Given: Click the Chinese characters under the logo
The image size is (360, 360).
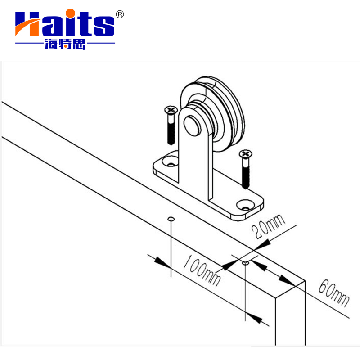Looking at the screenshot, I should tap(65, 45).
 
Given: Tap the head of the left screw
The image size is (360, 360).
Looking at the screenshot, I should tap(171, 110).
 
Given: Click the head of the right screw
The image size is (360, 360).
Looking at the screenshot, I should tap(245, 155).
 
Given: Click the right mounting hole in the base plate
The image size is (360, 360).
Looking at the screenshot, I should tap(245, 205).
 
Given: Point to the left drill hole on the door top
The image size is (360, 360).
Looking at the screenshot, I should tap(171, 219).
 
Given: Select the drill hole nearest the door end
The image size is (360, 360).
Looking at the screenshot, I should tap(245, 262).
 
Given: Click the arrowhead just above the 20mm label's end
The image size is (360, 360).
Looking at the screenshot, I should tap(263, 243).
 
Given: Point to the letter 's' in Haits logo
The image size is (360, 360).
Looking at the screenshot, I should tap(104, 26).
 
